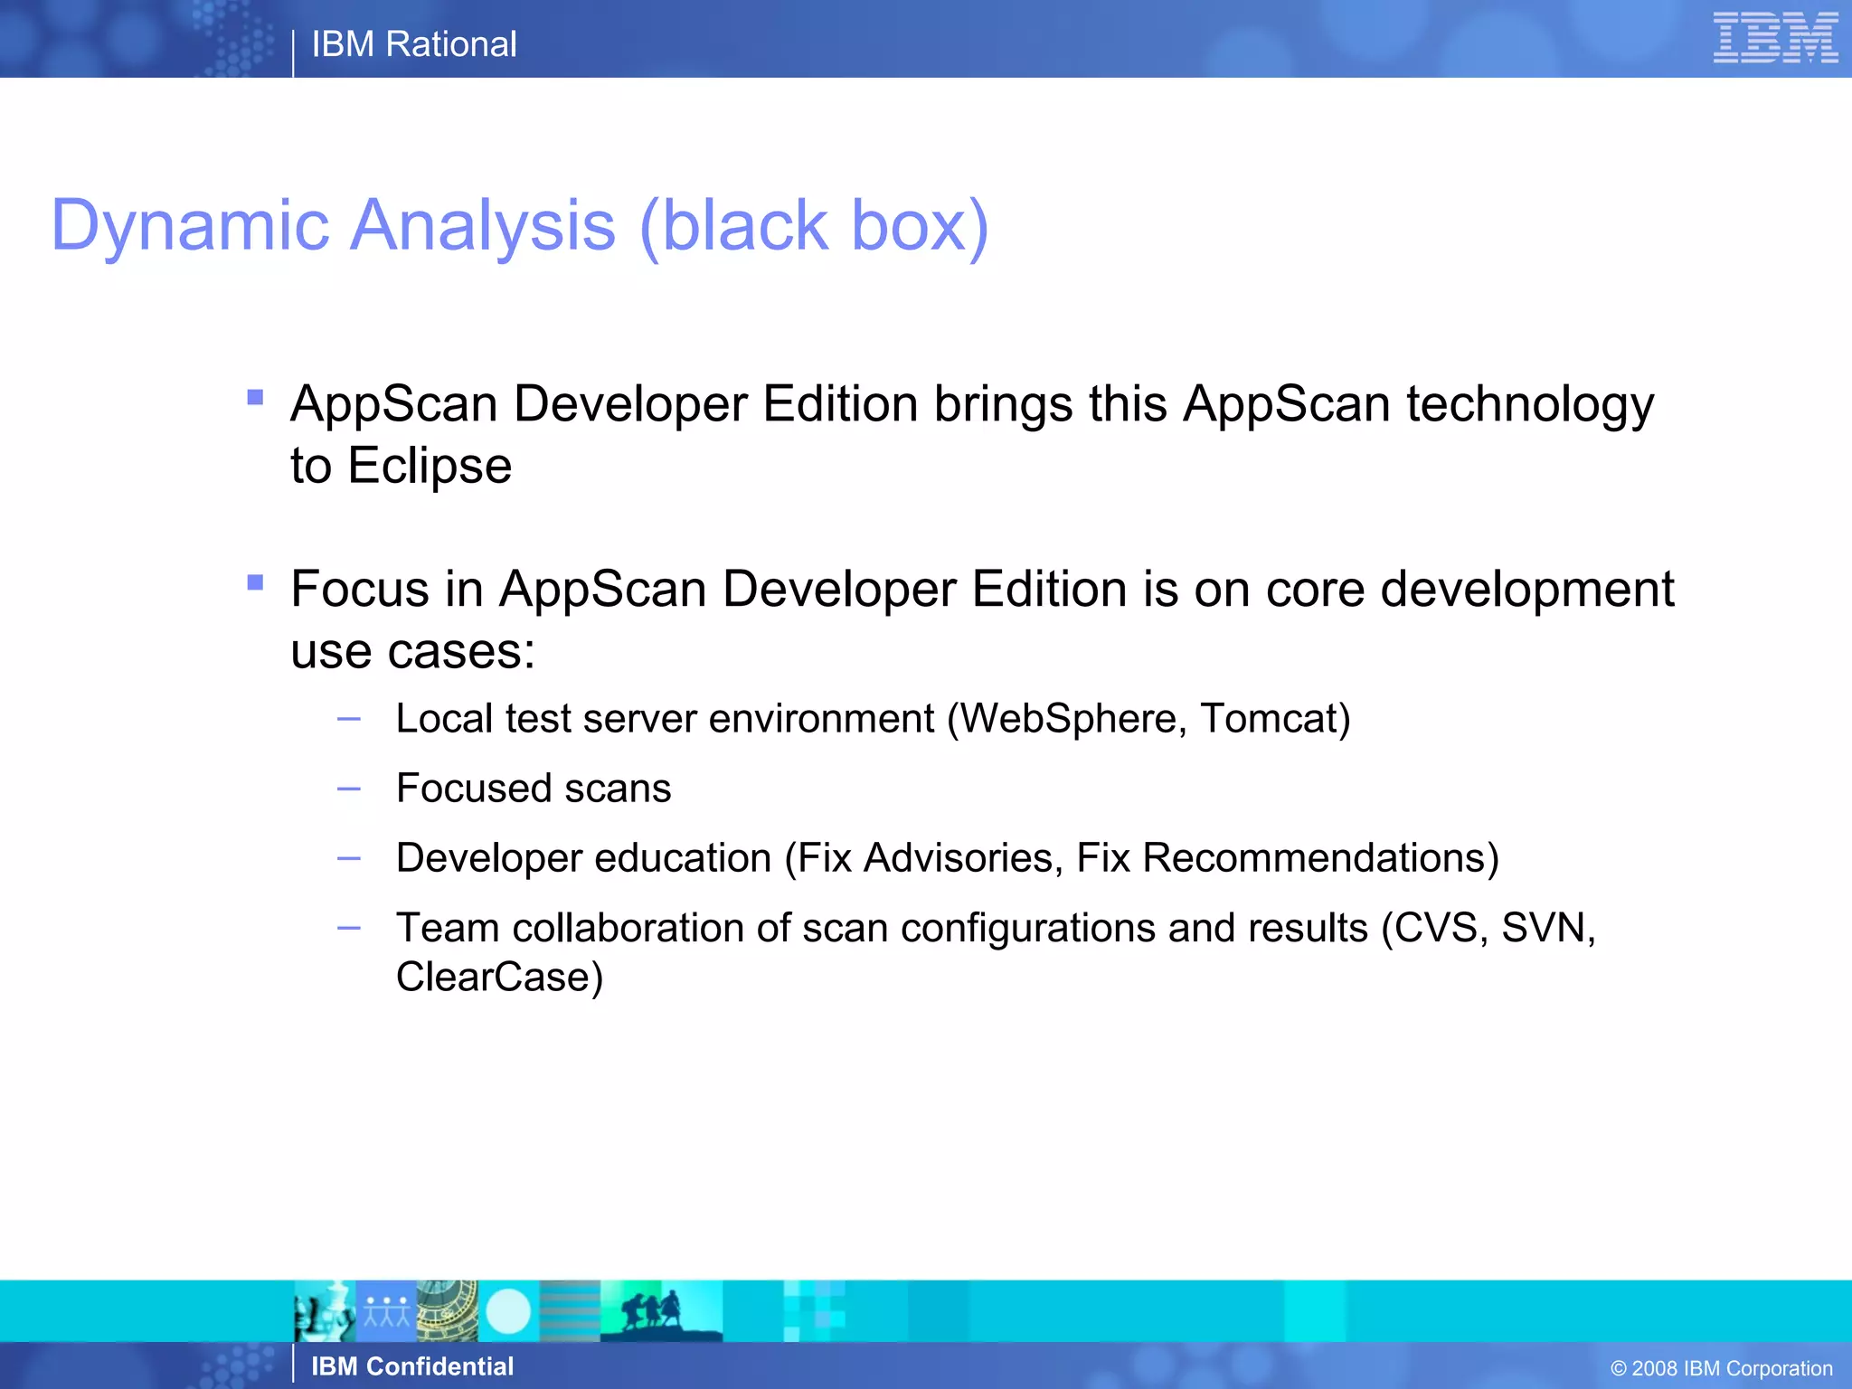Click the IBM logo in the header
coord(1774,38)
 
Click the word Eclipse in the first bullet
coord(430,467)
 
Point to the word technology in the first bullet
coord(1530,404)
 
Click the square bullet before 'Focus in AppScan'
coord(255,582)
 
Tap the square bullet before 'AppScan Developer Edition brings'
coord(255,397)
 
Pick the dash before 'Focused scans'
coord(349,789)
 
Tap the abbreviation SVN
coord(1545,928)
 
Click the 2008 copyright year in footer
coord(1654,1369)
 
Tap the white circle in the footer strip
coord(508,1311)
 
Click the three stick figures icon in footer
coord(387,1311)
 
